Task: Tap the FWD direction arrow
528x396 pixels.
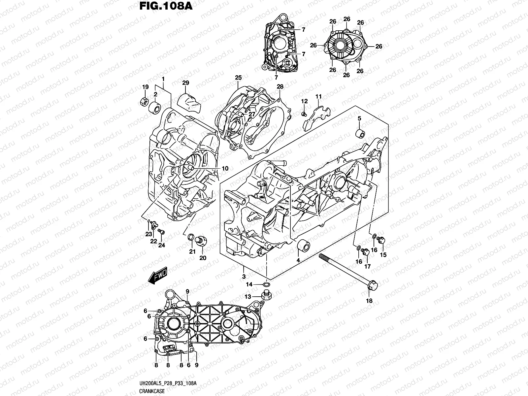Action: [x=158, y=276]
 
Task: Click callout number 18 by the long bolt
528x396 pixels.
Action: [x=369, y=301]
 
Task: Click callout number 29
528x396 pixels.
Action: [x=185, y=83]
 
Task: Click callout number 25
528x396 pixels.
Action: [x=238, y=78]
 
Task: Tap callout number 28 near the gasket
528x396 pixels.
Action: [x=280, y=86]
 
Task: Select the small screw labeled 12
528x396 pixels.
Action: [x=304, y=114]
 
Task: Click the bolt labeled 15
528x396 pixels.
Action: [x=382, y=241]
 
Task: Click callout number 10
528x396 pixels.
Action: [x=225, y=169]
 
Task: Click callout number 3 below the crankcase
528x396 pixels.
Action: [x=244, y=276]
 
